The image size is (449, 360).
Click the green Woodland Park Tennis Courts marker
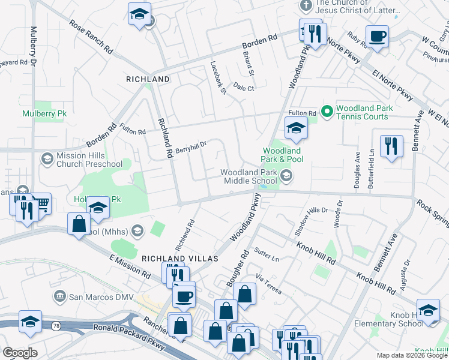pyautogui.click(x=327, y=111)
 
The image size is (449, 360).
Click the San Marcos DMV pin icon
pyautogui.click(x=59, y=296)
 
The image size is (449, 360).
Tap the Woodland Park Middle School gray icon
pyautogui.click(x=287, y=176)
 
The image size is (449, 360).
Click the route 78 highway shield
pyautogui.click(x=55, y=325)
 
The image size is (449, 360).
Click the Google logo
pyautogui.click(x=20, y=352)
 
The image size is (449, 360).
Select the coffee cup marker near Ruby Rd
pyautogui.click(x=378, y=37)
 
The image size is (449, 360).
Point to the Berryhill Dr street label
pyautogui.click(x=191, y=146)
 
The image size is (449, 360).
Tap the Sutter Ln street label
pyautogui.click(x=267, y=254)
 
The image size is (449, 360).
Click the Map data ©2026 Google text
pyautogui.click(x=411, y=355)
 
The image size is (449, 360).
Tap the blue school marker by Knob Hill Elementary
pyautogui.click(x=428, y=310)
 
